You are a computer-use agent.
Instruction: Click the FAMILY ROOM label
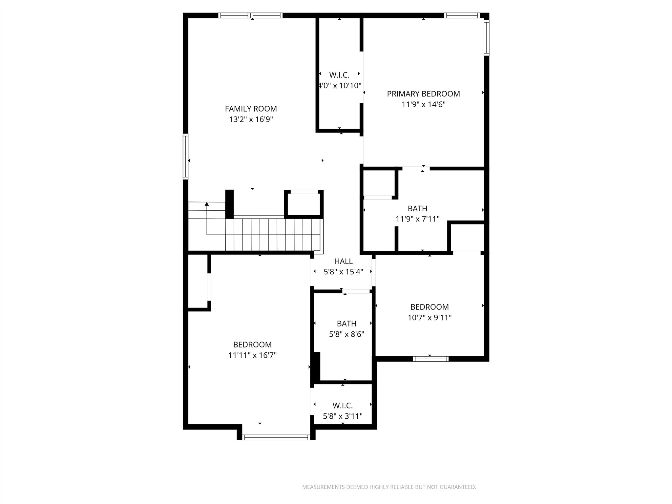251,109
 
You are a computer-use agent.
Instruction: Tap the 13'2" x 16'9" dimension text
251,119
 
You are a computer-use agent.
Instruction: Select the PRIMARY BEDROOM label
423,94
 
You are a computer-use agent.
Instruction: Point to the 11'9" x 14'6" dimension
423,105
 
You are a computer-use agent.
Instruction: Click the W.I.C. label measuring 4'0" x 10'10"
339,75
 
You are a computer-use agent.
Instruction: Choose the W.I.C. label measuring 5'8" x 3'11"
343,406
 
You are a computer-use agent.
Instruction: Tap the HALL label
343,261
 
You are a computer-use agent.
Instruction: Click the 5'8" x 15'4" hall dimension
343,272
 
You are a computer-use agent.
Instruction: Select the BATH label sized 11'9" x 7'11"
417,208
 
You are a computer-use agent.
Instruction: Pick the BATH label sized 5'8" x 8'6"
346,324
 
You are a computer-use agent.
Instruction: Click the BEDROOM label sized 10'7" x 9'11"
430,307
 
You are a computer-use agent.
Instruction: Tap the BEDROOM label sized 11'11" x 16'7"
252,345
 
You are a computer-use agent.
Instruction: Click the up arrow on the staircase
207,204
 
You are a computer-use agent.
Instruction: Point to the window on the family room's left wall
186,157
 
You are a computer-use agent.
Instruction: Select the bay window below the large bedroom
276,437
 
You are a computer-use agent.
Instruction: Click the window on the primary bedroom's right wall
486,37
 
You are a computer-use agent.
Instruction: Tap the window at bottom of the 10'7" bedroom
430,359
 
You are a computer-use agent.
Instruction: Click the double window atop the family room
250,15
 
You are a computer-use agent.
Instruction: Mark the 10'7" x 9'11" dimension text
430,318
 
